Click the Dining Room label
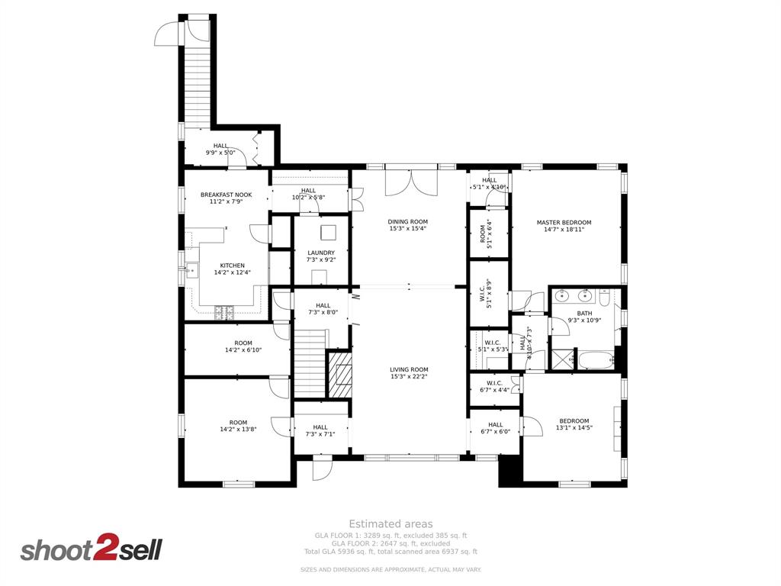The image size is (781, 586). [408, 222]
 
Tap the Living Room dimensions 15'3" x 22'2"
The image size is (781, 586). [409, 376]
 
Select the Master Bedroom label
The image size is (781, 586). [564, 223]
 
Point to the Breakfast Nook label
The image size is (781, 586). [226, 195]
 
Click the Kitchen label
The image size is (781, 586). [233, 266]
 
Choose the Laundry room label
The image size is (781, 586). [321, 253]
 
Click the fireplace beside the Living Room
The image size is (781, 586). [340, 375]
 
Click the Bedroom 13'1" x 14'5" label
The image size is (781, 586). [574, 420]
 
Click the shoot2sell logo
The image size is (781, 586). [91, 549]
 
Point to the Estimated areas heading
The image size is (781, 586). [390, 523]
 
